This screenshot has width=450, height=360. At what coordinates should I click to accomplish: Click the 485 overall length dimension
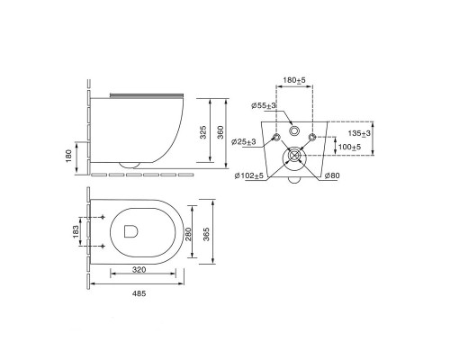(139, 293)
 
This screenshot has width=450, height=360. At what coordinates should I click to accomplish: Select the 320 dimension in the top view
(139, 270)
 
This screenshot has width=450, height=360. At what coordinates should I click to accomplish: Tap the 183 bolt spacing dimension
(76, 231)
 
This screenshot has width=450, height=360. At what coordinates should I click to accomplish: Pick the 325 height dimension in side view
(203, 132)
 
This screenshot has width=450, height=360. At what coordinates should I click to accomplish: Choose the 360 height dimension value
(220, 132)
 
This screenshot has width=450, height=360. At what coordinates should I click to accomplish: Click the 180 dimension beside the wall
(68, 156)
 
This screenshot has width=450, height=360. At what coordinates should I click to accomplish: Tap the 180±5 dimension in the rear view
(294, 80)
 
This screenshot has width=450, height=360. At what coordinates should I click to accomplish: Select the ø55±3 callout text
(264, 105)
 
